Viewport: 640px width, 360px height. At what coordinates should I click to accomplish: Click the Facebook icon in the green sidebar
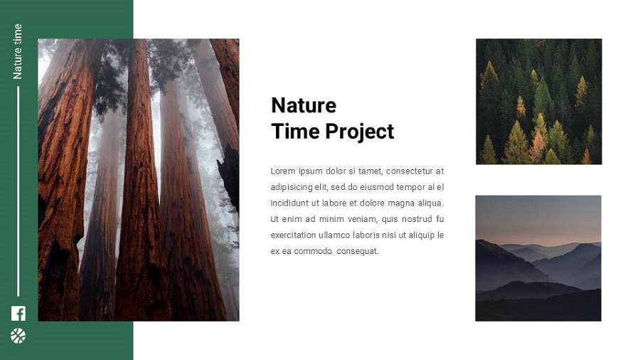(18, 313)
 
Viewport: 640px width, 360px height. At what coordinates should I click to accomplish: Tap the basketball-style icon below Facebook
(18, 336)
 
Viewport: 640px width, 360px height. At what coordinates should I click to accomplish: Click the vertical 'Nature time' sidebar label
(18, 51)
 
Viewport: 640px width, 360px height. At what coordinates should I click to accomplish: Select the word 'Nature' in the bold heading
(304, 105)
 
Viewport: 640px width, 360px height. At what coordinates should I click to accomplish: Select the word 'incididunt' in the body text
(289, 203)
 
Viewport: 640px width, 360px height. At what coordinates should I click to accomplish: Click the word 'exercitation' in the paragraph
(293, 235)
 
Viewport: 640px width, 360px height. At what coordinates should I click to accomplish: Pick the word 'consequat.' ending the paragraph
(358, 251)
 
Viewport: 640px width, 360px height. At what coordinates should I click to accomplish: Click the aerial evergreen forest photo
(538, 101)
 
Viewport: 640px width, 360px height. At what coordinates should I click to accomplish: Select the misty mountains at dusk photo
(538, 258)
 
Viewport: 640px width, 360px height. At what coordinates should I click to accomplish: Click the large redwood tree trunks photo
(138, 179)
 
